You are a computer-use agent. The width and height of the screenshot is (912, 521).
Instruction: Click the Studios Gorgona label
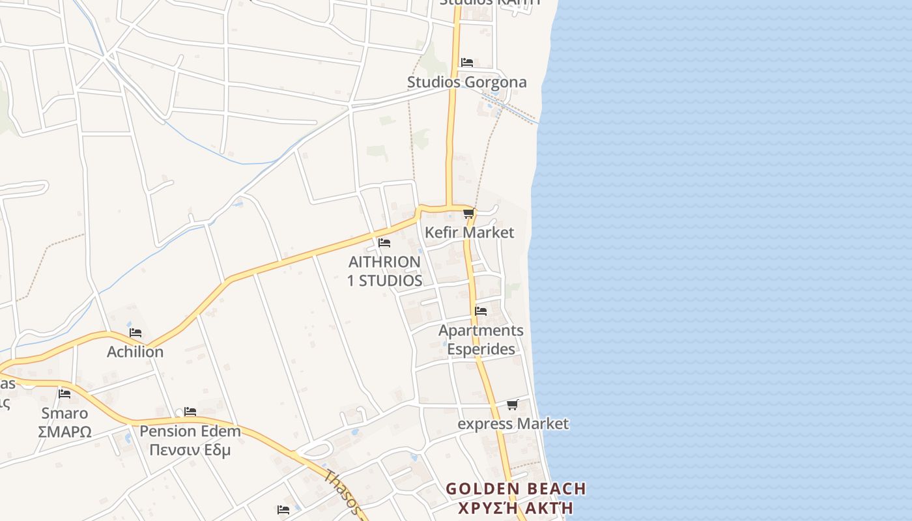[x=466, y=82]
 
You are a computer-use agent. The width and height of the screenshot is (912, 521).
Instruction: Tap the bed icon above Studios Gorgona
[x=466, y=63]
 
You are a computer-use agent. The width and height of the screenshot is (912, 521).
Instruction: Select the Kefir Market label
[x=469, y=232]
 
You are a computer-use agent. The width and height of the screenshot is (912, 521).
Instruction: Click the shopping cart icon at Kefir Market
[x=468, y=213]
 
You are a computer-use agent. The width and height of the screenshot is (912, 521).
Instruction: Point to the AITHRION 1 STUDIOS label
[x=385, y=271]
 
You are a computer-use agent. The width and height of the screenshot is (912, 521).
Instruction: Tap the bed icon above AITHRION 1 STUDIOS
[x=384, y=243]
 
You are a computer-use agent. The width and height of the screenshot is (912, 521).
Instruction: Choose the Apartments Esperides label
[x=481, y=339]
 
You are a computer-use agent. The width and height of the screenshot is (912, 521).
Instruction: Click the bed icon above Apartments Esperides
[x=481, y=311]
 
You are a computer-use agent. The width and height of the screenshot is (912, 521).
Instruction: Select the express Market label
[x=513, y=424]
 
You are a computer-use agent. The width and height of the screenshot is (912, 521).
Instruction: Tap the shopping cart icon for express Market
[x=513, y=404]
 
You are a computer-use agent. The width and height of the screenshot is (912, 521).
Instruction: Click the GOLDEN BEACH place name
[x=515, y=489]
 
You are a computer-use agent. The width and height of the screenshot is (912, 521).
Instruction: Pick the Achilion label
[x=135, y=352]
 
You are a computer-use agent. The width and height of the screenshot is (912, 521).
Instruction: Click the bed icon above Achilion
[x=135, y=332]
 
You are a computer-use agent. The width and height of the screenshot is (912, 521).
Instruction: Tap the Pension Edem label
[x=190, y=431]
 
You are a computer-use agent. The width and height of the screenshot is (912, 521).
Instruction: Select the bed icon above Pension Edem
[x=190, y=412]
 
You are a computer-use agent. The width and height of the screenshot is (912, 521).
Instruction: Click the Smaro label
[x=64, y=413]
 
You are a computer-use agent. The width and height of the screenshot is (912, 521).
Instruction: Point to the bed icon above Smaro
[x=64, y=393]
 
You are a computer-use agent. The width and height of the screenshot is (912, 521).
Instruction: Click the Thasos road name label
[x=343, y=492]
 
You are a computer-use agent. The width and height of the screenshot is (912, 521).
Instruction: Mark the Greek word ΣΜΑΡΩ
[x=64, y=432]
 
